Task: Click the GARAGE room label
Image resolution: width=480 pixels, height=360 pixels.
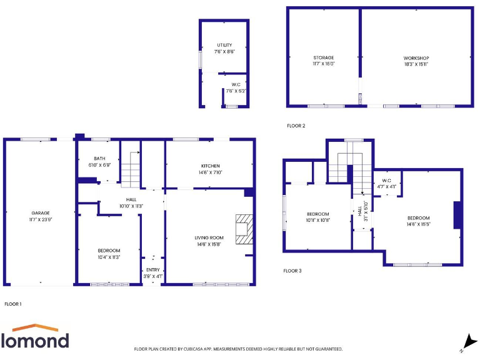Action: coord(41,213)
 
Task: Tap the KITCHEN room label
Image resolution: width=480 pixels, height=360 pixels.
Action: coord(210,166)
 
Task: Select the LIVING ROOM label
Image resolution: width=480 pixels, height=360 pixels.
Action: coord(209,237)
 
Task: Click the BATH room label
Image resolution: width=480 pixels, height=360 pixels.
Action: coord(99,159)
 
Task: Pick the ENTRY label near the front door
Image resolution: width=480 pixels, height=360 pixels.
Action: coord(153,269)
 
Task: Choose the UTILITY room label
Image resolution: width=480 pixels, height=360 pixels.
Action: coord(224,45)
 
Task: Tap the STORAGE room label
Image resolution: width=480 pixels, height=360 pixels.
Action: coord(323,57)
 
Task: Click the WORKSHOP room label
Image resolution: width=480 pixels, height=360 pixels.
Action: coord(416,57)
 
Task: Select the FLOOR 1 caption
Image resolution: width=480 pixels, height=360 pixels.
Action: coord(13,304)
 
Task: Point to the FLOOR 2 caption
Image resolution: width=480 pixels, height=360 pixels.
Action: coord(296,126)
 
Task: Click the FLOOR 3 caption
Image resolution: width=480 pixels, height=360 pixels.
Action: coord(292,271)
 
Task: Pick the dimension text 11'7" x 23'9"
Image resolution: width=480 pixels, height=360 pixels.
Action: coord(41,219)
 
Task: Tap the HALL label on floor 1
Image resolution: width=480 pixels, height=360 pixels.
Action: coord(122,199)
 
